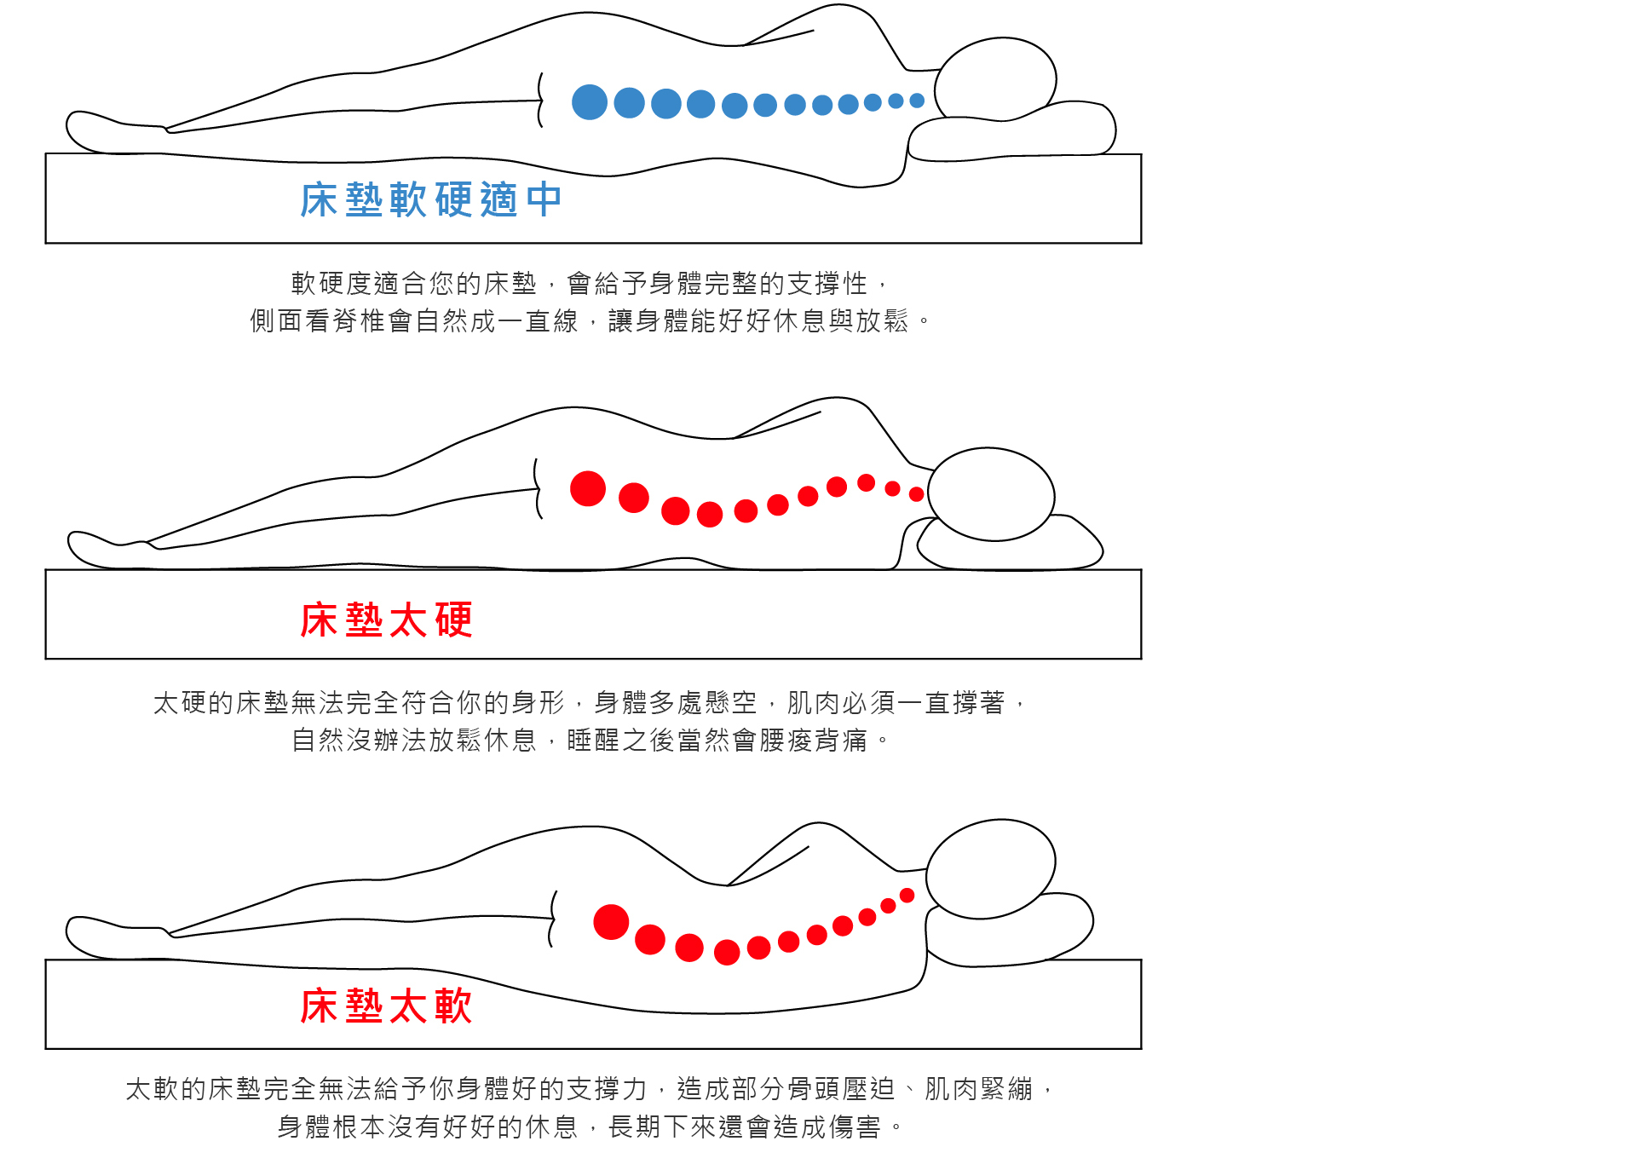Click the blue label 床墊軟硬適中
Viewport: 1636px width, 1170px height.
click(x=430, y=200)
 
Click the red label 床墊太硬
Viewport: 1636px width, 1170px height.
click(x=386, y=620)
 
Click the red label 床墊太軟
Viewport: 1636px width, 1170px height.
click(x=386, y=1006)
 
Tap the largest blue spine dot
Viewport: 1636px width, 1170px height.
click(x=589, y=102)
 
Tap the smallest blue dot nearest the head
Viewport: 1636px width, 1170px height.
click(x=917, y=101)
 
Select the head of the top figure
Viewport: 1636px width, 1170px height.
click(x=995, y=79)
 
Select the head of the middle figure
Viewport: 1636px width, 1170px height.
click(x=991, y=494)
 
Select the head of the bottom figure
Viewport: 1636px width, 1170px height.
click(x=990, y=868)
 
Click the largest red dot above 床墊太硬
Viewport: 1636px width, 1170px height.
click(x=588, y=489)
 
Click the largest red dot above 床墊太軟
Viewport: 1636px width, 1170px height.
click(x=611, y=922)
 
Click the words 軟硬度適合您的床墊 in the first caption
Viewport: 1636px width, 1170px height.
click(x=414, y=283)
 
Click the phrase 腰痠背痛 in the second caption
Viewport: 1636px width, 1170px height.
click(x=813, y=740)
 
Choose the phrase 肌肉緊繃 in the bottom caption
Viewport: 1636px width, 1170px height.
click(x=979, y=1089)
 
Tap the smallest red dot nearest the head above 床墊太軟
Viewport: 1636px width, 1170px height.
click(x=907, y=895)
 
